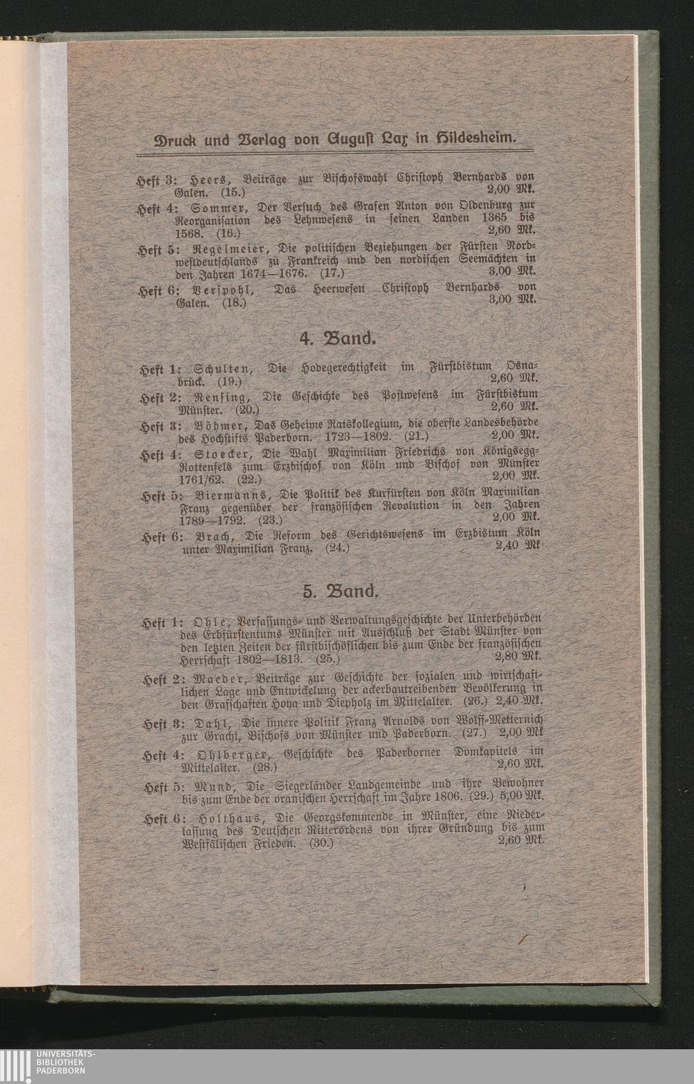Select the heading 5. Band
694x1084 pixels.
(x=340, y=592)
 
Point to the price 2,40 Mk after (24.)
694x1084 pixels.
(x=516, y=547)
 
